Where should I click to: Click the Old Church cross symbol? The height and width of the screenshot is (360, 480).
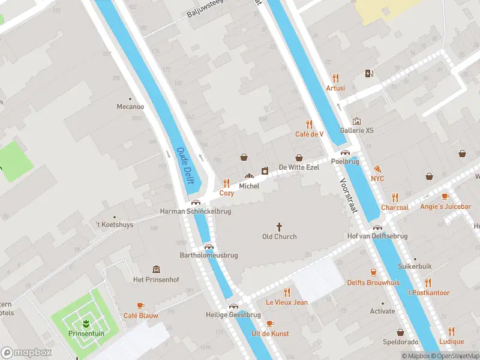click(x=279, y=227)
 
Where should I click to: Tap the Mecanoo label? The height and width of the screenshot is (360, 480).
click(x=130, y=107)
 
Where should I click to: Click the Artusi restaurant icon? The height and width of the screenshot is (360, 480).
click(x=335, y=78)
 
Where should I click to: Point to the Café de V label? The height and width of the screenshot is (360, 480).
click(x=309, y=134)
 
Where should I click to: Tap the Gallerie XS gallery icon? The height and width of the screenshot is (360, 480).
click(x=357, y=121)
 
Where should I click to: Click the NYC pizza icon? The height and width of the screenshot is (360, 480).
click(x=377, y=169)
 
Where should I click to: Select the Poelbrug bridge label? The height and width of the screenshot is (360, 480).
click(x=344, y=162)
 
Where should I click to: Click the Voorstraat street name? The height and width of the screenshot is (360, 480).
click(x=348, y=196)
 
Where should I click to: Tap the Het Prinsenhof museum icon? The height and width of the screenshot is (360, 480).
click(x=156, y=269)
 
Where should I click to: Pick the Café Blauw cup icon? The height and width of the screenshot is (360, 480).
click(x=140, y=306)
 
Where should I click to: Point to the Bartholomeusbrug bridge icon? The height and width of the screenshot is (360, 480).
click(x=209, y=246)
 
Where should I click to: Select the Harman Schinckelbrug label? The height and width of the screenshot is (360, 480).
click(x=195, y=211)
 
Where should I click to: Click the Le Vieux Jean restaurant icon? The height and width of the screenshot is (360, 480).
click(x=287, y=292)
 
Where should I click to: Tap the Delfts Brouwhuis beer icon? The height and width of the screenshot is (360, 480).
click(x=373, y=272)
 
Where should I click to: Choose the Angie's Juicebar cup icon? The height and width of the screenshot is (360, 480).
click(x=445, y=197)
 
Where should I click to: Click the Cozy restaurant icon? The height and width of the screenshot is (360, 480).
click(x=226, y=184)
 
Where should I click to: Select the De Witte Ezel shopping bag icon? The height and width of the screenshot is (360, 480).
click(x=299, y=157)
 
